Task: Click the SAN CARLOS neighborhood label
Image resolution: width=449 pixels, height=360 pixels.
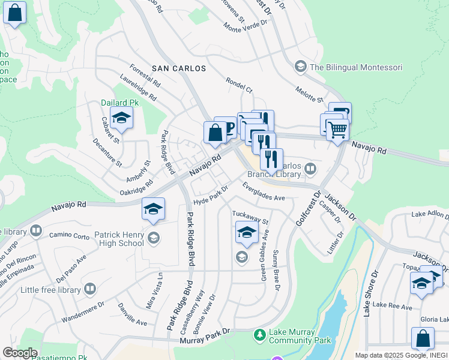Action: tap(179, 68)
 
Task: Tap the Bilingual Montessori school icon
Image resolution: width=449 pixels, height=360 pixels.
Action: tap(300, 67)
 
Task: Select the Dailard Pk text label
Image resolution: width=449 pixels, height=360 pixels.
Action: tap(119, 103)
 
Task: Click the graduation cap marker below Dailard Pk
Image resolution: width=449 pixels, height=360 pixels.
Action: tap(121, 119)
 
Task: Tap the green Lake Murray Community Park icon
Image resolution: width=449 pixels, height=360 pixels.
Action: tap(259, 334)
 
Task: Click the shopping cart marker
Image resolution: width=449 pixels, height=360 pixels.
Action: tap(337, 128)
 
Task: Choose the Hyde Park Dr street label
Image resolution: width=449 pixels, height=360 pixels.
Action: tap(212, 196)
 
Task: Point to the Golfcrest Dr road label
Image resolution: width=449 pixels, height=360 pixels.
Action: tap(305, 210)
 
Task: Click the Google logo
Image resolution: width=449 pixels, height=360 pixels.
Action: tap(20, 353)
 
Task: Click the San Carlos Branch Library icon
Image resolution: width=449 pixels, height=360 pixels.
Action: tap(310, 169)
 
